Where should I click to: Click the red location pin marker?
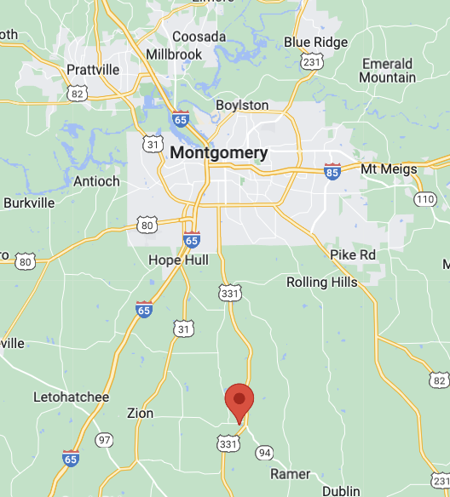coord(239,400)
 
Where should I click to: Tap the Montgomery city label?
coord(219,153)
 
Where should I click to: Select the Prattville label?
coord(93,69)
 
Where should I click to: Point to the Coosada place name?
coord(199,37)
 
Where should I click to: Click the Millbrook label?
coord(174,54)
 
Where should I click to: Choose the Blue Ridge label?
coord(315,42)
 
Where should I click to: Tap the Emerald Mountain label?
coord(388,71)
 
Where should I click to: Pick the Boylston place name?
coord(243,106)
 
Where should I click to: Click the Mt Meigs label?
coord(389,169)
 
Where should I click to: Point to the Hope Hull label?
coord(177,260)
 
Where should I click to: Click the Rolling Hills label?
coord(322,282)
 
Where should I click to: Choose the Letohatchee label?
coord(72,397)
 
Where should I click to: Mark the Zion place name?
coord(140,414)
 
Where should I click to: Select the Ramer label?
coord(290,473)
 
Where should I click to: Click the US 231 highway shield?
coord(312,60)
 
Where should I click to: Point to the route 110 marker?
coord(425,199)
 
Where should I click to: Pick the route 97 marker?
coord(105,440)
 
